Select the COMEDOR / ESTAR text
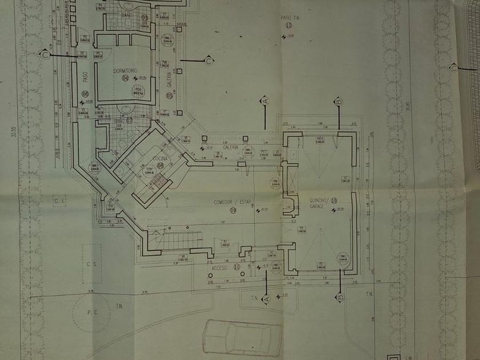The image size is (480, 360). [x=233, y=201]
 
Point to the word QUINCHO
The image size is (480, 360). [x=318, y=201]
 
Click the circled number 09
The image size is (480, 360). [x=233, y=209]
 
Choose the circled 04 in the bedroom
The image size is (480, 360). [x=126, y=78]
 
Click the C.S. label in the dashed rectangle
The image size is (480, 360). [x=91, y=266]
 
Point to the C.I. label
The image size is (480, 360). [x=59, y=201]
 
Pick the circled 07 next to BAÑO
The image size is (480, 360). [x=130, y=121]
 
